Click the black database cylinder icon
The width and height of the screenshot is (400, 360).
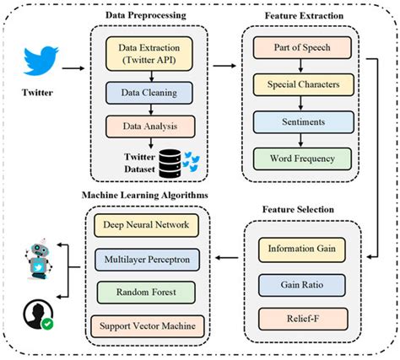[173, 163]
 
